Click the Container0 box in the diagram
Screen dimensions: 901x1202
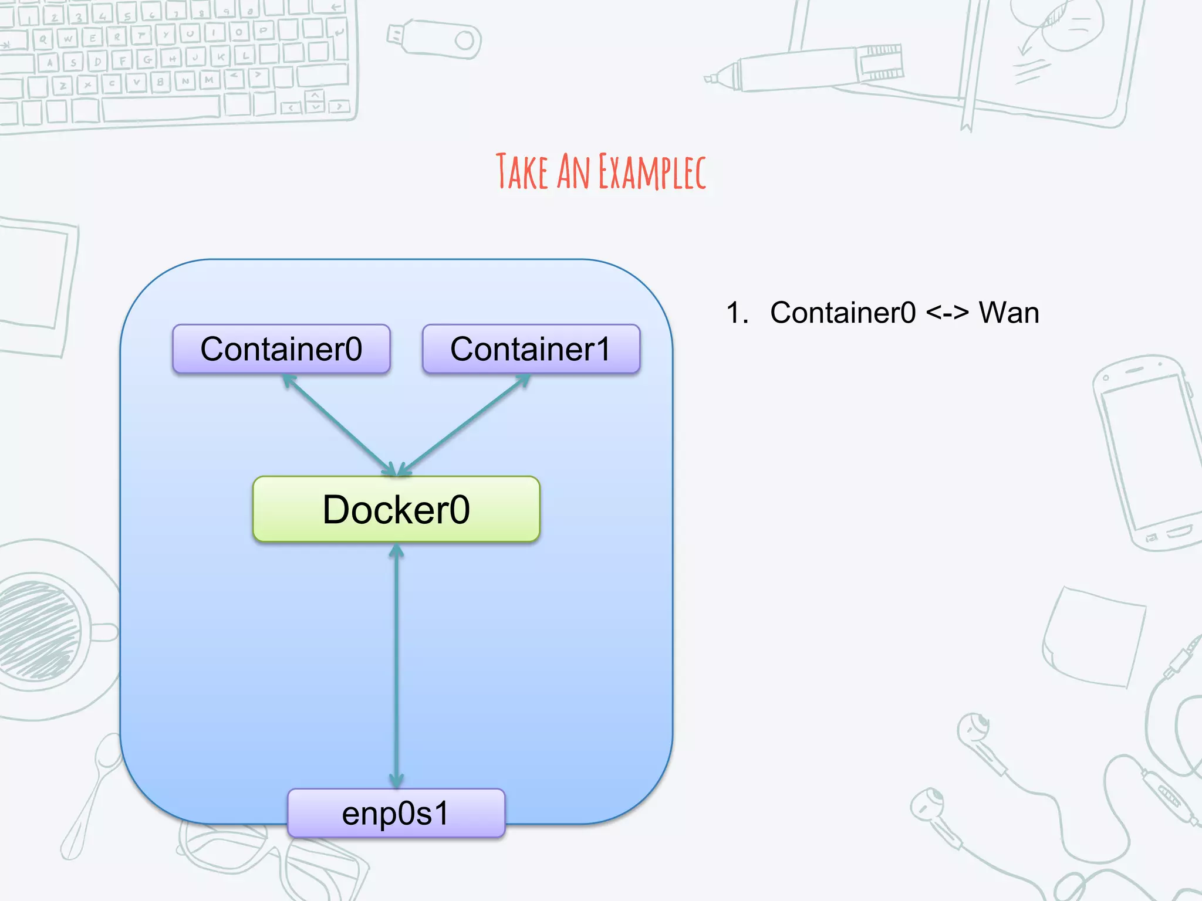[281, 349]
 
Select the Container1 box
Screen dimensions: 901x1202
[531, 349]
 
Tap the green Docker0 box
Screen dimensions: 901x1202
[396, 509]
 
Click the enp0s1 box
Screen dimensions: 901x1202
[396, 814]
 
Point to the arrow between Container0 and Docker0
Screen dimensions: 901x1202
[337, 424]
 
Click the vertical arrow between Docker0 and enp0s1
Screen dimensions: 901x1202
[397, 666]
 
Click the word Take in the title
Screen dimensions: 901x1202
[521, 172]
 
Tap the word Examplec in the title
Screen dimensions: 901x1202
[652, 172]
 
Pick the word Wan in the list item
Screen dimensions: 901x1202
[1008, 313]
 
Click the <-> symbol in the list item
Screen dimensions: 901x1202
[947, 313]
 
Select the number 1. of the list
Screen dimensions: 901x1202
[737, 313]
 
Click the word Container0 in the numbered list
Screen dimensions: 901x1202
[842, 313]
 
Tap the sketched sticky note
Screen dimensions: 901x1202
[1095, 636]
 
